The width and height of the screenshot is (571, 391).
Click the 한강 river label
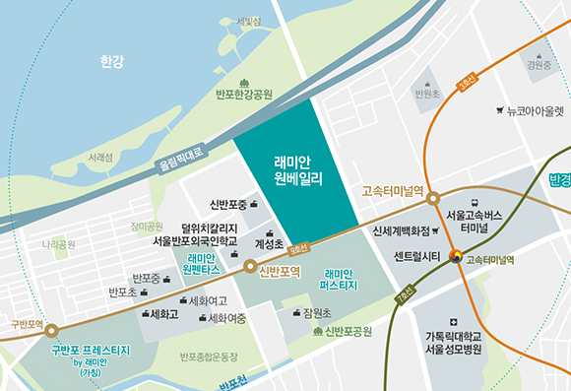click(x=112, y=62)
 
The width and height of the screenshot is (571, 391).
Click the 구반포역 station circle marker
click(x=51, y=332)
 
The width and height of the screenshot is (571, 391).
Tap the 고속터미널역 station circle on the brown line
click(x=433, y=199)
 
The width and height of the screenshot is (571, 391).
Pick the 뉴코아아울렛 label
click(x=535, y=111)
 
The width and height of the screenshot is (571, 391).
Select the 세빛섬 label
click(x=248, y=21)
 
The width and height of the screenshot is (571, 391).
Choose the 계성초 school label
click(x=269, y=243)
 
